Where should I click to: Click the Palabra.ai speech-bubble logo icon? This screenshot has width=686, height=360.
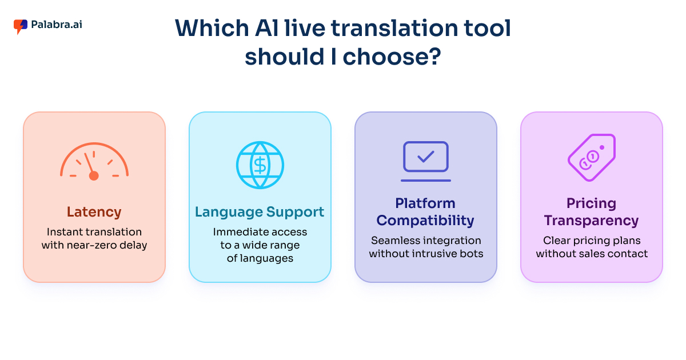20,27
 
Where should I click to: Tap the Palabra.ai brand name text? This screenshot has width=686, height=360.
57,25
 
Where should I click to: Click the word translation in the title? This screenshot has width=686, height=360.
394,29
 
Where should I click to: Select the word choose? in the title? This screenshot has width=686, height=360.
392,57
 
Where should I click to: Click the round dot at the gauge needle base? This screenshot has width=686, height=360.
94,176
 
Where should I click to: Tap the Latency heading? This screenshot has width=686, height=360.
94,212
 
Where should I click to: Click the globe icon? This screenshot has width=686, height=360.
260,165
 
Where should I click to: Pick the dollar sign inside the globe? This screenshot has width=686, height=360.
260,165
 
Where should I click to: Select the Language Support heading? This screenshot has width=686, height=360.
260,212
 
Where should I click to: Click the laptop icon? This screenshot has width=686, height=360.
426,161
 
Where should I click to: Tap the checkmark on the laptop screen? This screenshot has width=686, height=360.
426,157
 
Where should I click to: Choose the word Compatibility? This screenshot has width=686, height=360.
425,221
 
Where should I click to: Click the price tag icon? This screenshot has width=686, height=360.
592,158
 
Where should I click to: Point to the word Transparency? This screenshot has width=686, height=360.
591,221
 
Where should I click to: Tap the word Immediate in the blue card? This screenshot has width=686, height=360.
236,232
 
